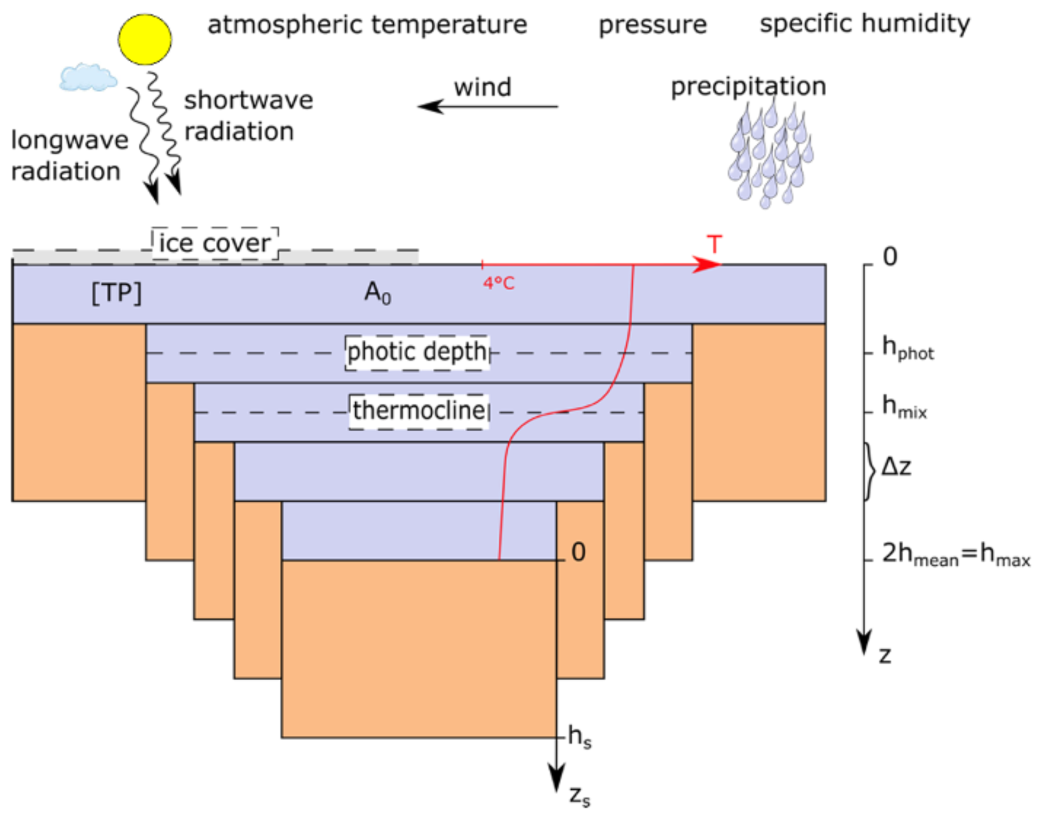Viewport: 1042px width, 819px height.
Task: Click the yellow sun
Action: tap(144, 40)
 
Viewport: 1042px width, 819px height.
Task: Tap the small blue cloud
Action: tap(88, 77)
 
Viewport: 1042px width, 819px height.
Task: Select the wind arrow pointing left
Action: tap(487, 106)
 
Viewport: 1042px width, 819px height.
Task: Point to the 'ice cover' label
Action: tap(215, 243)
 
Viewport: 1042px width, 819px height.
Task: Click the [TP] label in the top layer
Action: tap(116, 292)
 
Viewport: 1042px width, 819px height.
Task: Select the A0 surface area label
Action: tap(378, 292)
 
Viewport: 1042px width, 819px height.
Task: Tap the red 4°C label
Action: tap(498, 283)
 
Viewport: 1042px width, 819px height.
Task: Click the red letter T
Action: tap(714, 245)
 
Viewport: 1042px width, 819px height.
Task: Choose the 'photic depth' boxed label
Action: tap(417, 352)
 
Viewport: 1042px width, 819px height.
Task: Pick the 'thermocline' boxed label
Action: tap(419, 411)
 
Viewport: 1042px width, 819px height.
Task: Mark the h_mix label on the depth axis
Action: tap(904, 407)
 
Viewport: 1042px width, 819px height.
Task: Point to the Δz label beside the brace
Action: tap(896, 467)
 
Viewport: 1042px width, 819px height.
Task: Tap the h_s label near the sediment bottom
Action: tap(579, 737)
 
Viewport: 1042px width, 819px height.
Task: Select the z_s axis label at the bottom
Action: tap(579, 796)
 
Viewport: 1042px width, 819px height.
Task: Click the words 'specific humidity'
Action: tap(865, 24)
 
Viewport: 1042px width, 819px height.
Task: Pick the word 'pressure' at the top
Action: tap(653, 25)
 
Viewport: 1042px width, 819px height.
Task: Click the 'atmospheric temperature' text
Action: tap(367, 25)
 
